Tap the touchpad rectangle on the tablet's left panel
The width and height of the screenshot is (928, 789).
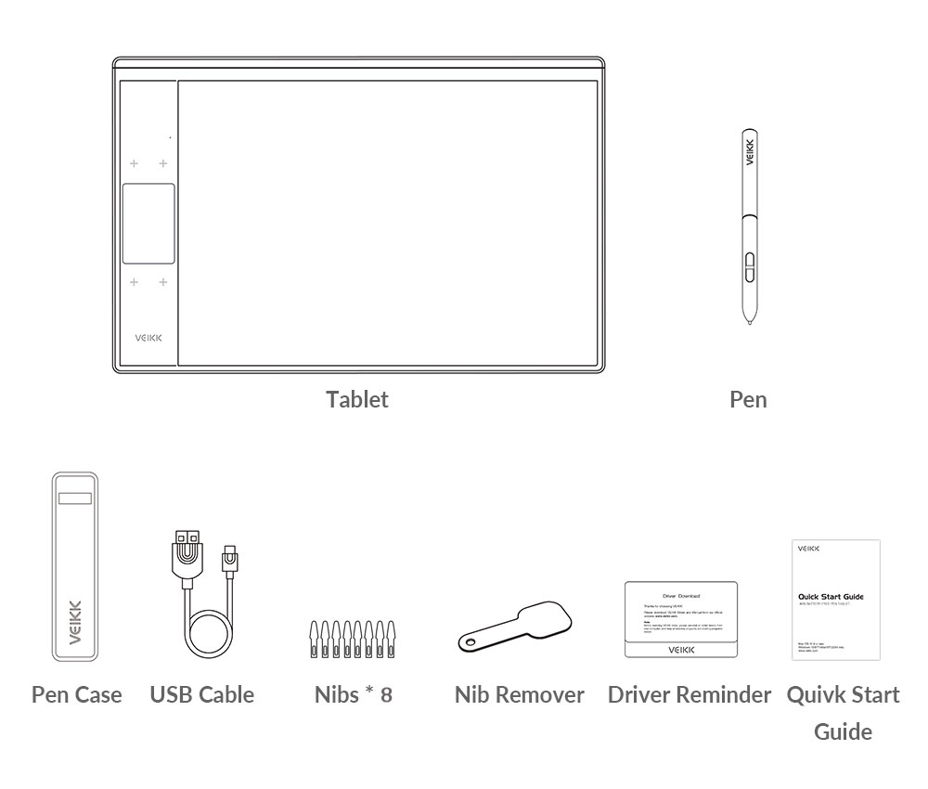click(x=148, y=223)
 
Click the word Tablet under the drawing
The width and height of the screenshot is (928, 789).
click(x=357, y=400)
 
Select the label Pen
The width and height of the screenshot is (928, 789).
click(x=748, y=400)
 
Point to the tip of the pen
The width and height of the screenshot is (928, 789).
click(x=749, y=322)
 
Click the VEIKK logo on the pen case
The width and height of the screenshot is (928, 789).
click(x=75, y=621)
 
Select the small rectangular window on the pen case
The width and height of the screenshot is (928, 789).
click(x=75, y=499)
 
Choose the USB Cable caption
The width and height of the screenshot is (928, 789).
click(x=202, y=694)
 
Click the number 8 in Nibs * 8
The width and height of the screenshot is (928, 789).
click(x=385, y=694)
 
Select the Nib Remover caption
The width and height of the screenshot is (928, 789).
click(x=520, y=694)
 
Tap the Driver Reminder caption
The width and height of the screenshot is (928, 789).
click(x=690, y=694)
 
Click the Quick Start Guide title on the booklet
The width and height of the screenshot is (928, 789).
click(x=831, y=597)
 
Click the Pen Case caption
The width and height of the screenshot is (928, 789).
click(x=77, y=694)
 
